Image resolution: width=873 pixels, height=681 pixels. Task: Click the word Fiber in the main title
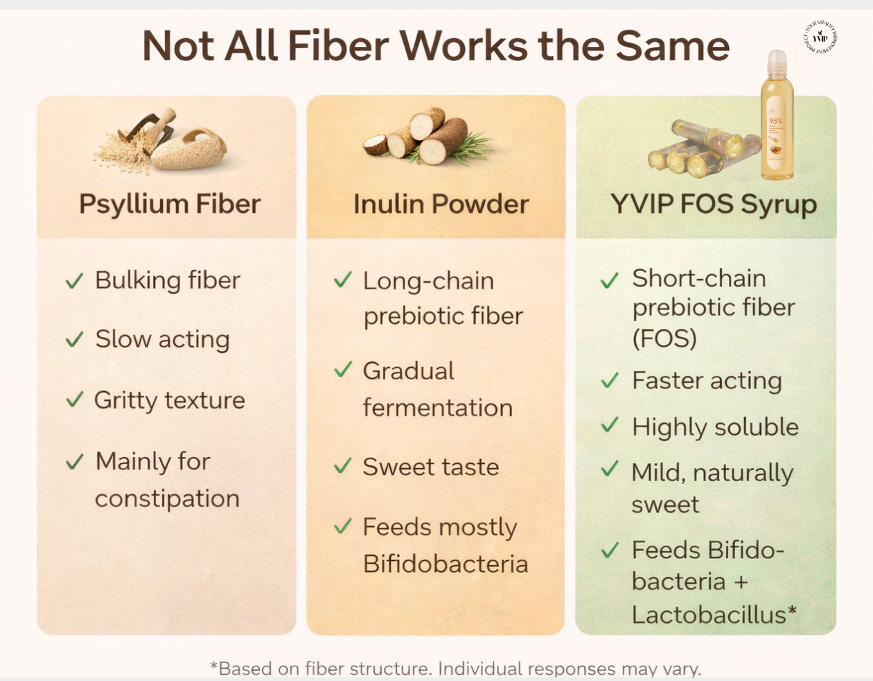point(338,46)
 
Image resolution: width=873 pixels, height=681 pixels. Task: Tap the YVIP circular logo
point(820,37)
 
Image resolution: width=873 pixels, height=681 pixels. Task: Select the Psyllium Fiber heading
point(170,204)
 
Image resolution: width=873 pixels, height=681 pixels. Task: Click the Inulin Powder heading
point(441,204)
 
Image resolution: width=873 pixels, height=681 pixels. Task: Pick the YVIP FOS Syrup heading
point(713,204)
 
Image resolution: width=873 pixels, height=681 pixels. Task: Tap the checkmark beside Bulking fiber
point(74,281)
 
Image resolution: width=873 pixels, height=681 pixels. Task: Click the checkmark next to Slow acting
point(74,340)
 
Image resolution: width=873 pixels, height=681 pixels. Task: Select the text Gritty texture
point(169,400)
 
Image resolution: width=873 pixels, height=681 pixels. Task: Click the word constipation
point(167,499)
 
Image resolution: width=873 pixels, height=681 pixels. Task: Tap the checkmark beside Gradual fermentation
point(343,370)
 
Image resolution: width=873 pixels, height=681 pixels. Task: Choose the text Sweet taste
point(430,467)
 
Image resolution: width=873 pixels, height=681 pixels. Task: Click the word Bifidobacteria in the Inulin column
point(446,564)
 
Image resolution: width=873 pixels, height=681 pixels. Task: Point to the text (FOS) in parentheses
point(664,338)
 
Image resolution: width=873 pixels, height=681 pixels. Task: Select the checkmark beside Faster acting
point(610,381)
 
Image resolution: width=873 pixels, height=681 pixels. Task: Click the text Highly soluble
point(715,427)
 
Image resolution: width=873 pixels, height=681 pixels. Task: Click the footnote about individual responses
point(455,669)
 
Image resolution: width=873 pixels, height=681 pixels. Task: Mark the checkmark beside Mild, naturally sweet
point(610,470)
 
